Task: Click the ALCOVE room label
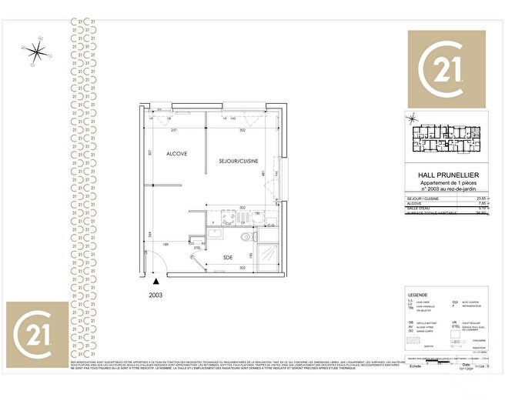click(177, 154)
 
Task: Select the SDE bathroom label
click(228, 257)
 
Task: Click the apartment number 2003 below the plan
click(155, 293)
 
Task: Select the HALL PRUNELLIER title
click(450, 175)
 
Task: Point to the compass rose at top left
click(35, 51)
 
